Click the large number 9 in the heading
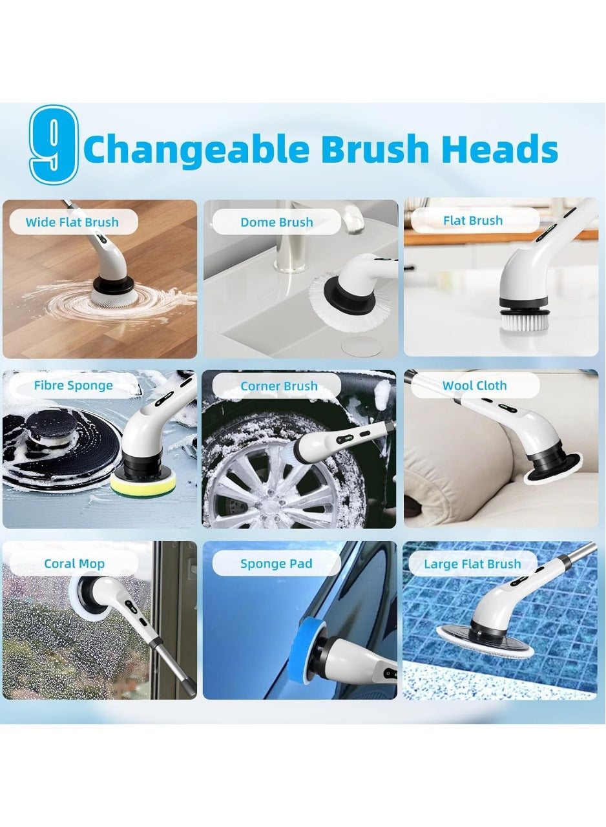(x=54, y=143)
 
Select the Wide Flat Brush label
(x=72, y=222)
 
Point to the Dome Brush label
(x=276, y=222)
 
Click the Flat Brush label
(x=473, y=220)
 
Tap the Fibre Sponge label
(x=73, y=386)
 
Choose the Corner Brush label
(x=278, y=386)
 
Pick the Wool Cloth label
(x=474, y=386)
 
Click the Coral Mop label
(x=74, y=563)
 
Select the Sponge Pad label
(x=276, y=563)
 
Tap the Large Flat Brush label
(x=472, y=564)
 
